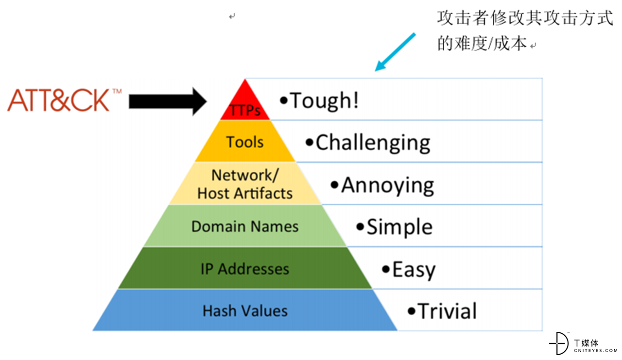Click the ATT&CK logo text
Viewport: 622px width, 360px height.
[x=58, y=100]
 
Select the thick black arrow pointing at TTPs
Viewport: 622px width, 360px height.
[x=168, y=102]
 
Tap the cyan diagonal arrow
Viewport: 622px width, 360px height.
[x=395, y=52]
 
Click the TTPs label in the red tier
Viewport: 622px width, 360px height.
[x=245, y=110]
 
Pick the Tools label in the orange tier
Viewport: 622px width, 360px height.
[x=245, y=142]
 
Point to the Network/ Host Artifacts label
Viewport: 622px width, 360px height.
[x=245, y=184]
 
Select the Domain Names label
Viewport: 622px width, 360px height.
[x=245, y=226]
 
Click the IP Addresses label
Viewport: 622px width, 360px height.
[x=245, y=269]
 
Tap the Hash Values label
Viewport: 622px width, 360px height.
[x=245, y=310]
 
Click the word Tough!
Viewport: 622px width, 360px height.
[x=324, y=101]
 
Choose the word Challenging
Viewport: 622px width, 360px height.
[x=373, y=143]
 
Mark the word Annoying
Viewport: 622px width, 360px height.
[x=388, y=186]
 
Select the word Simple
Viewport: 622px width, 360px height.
[x=399, y=227]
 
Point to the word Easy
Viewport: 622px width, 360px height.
[x=414, y=270]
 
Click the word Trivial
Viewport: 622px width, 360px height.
[x=447, y=311]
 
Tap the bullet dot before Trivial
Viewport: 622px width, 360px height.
[x=412, y=311]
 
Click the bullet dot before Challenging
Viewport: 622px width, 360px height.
[x=310, y=143]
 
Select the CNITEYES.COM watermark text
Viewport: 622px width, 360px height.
[x=596, y=351]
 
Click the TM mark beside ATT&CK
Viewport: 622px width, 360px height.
[x=117, y=91]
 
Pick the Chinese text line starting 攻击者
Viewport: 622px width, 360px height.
[x=525, y=18]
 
